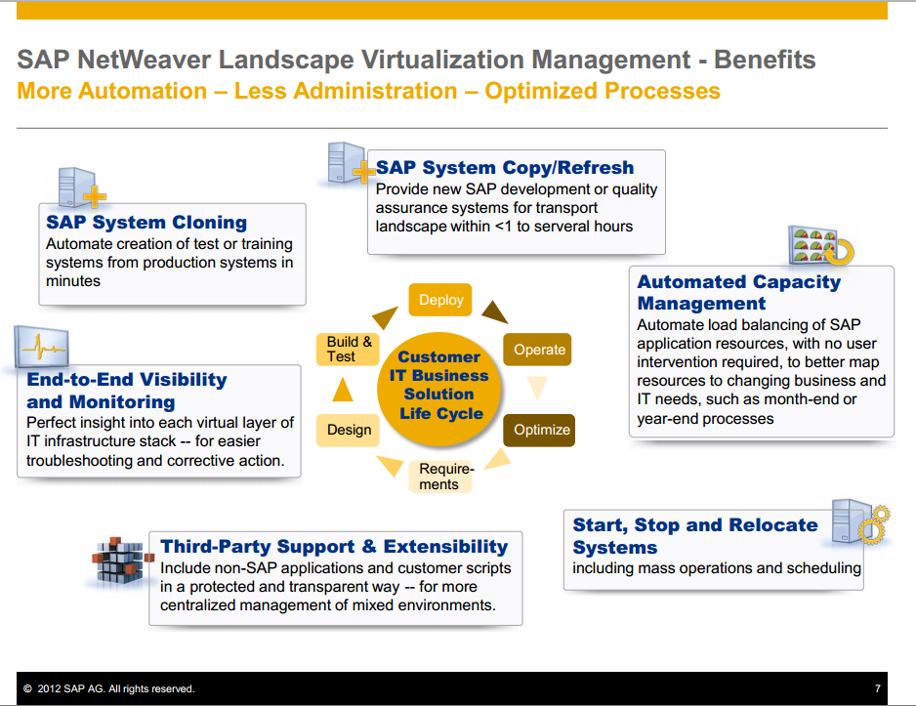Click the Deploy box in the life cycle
click(440, 300)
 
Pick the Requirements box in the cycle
click(446, 477)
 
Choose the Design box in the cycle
click(349, 430)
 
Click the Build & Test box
click(349, 349)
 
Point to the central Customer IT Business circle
click(439, 386)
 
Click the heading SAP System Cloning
click(146, 223)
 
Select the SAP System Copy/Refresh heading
click(505, 168)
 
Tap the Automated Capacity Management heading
click(738, 293)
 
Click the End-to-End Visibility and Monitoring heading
click(127, 391)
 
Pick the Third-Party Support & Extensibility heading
click(334, 547)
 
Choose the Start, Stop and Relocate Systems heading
click(694, 536)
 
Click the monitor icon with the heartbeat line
click(41, 348)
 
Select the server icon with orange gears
click(859, 522)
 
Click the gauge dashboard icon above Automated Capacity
click(820, 245)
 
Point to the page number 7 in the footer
click(878, 689)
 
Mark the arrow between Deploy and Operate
click(494, 312)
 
